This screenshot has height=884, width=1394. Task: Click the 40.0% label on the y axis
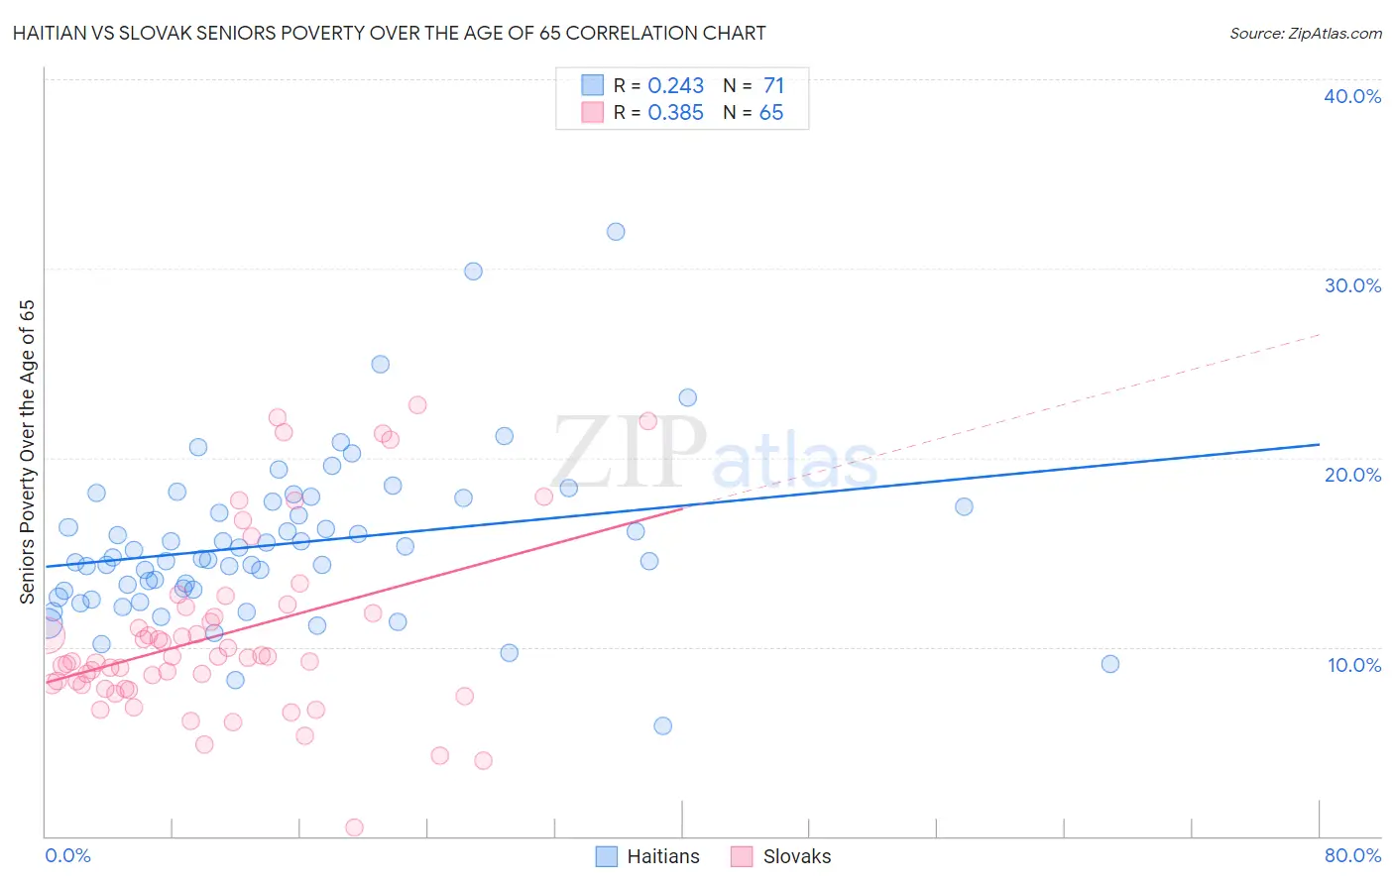coord(1352,96)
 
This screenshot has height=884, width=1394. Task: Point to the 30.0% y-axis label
coord(1352,285)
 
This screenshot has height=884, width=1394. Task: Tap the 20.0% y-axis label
coord(1352,475)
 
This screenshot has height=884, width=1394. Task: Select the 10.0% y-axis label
coord(1354,665)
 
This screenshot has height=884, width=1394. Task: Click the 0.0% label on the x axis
coord(67,855)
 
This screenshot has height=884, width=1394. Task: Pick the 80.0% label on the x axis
coord(1352,855)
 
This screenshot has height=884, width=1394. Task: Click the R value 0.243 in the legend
coord(675,86)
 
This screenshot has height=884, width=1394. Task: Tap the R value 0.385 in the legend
coord(675,113)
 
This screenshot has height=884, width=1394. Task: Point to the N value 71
coord(773,86)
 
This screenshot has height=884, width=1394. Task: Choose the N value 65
coord(770,113)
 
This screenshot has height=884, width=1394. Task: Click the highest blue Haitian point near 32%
coord(616,232)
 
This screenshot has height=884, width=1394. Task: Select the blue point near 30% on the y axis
coord(473,272)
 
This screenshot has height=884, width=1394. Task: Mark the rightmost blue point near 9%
coord(1110,664)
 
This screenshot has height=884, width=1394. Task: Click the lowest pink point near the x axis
coord(354,828)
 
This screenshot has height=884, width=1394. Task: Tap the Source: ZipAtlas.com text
coord(1305,34)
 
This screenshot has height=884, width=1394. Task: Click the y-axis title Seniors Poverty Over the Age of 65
coord(27,452)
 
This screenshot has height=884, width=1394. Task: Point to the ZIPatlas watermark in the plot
coord(714,454)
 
